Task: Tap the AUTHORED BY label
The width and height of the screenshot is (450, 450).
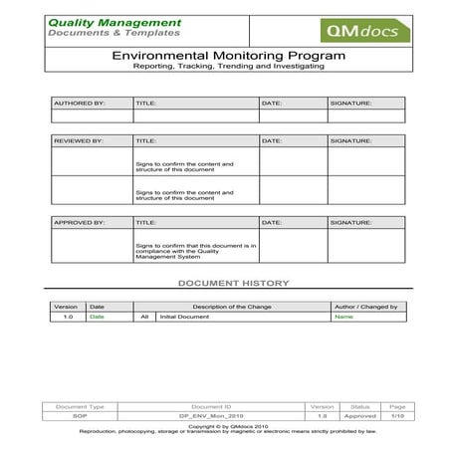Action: (x=79, y=103)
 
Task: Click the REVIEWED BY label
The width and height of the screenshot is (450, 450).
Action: (x=79, y=141)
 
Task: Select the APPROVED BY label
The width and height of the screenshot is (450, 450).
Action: (x=79, y=223)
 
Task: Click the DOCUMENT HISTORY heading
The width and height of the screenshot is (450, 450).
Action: (x=232, y=284)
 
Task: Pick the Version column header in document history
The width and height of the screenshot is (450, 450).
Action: (x=66, y=307)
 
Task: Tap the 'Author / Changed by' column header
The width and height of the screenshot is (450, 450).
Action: (x=365, y=307)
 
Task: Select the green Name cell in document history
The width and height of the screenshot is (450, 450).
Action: (x=342, y=317)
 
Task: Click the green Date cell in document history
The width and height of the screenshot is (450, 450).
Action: (x=97, y=317)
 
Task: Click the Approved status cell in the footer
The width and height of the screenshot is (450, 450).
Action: (x=359, y=414)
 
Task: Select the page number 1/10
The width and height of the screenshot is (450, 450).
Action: (x=396, y=414)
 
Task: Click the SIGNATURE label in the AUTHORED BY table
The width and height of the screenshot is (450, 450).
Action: (x=351, y=103)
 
